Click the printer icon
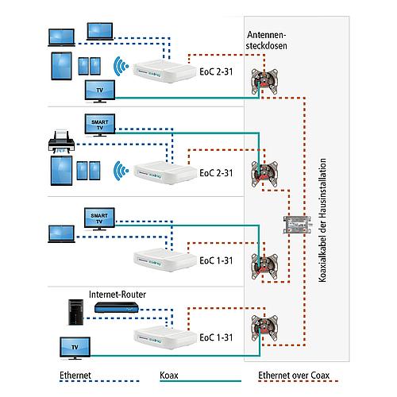(61, 141)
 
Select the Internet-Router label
(118, 295)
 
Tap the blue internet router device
(117, 307)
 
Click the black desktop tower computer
(76, 312)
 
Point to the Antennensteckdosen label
(267, 40)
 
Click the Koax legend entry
(169, 376)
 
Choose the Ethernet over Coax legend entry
(294, 376)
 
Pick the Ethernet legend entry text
(75, 376)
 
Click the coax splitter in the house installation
(297, 225)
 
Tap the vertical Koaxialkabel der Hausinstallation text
(322, 220)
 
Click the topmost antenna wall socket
(264, 82)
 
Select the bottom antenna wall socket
(264, 328)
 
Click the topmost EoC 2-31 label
(216, 71)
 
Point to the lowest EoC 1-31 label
(216, 337)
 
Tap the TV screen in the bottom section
(75, 348)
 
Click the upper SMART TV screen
(100, 125)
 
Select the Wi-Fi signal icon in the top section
(121, 66)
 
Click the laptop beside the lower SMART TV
(61, 234)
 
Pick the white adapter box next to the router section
(164, 338)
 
